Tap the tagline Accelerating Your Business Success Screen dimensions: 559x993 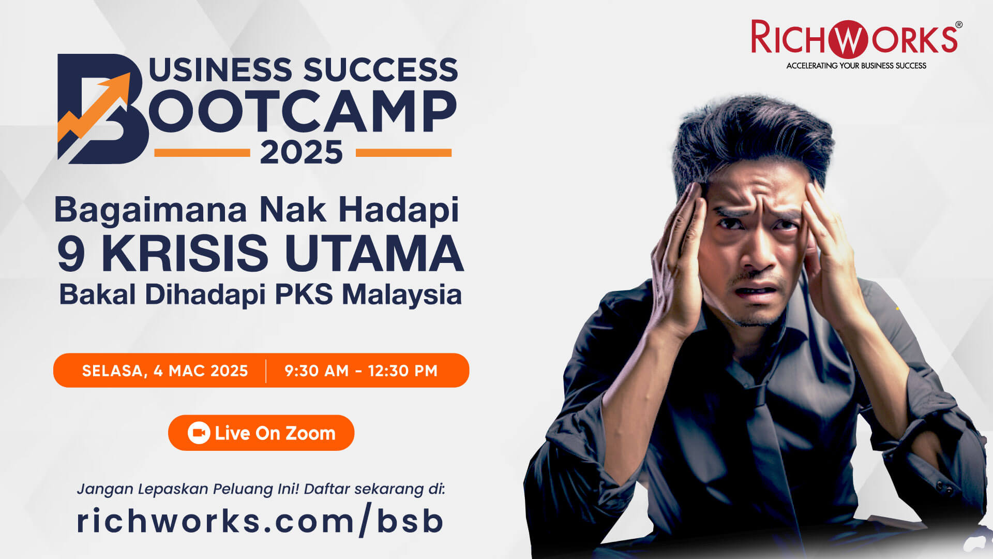tap(856, 66)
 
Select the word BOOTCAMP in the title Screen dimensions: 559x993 tap(303, 111)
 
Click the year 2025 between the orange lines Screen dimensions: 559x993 tap(302, 153)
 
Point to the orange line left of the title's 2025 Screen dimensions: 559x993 tap(202, 153)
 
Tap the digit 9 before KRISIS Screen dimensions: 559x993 tap(71, 254)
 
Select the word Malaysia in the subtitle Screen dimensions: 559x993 tap(402, 295)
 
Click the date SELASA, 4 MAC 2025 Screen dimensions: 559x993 tap(165, 371)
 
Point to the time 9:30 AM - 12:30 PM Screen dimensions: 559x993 tap(361, 371)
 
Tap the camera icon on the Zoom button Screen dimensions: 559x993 tap(199, 433)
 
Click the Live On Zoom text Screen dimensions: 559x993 tap(275, 433)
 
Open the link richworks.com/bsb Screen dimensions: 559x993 tap(260, 521)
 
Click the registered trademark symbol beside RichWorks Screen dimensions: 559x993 tap(958, 25)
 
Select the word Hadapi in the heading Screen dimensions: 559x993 tap(399, 210)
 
